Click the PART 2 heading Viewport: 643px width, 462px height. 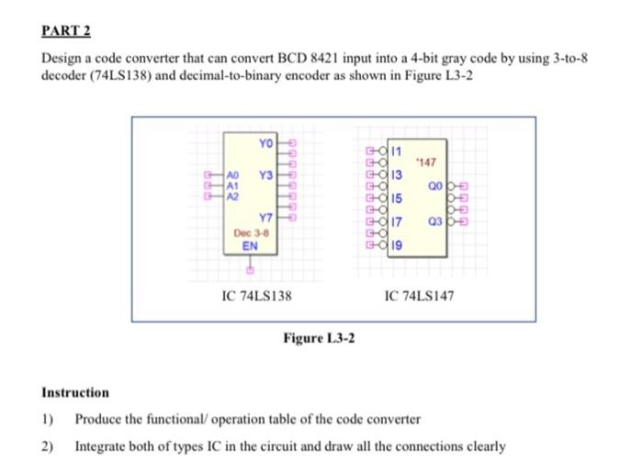66,30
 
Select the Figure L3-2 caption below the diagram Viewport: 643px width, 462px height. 320,340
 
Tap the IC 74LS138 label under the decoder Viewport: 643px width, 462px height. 257,297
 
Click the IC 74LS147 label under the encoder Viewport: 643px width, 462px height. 417,297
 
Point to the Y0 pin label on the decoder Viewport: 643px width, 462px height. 265,144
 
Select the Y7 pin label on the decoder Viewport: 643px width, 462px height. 265,218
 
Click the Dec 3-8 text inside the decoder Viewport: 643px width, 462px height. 251,233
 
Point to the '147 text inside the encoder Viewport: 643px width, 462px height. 423,163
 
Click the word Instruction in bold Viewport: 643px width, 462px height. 75,392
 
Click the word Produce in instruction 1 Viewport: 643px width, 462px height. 97,420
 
